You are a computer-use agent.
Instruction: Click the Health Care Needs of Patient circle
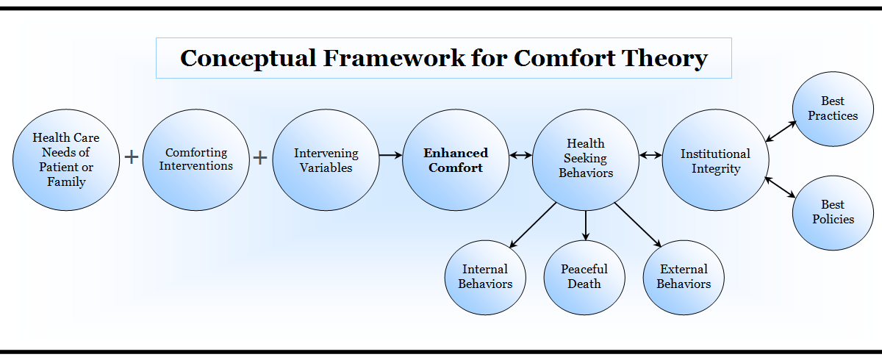66,159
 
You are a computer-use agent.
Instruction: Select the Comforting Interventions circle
196,159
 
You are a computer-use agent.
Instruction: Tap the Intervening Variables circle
326,159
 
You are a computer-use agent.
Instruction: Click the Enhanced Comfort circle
456,159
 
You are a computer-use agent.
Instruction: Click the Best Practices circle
833,109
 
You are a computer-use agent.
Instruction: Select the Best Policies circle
833,212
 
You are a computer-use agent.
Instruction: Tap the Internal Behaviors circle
485,277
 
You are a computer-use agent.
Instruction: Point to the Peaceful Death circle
584,277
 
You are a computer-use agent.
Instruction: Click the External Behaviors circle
684,277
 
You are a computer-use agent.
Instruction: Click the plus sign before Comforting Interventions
132,157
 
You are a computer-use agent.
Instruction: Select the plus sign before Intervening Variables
260,157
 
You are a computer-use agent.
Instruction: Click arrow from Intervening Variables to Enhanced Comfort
390,156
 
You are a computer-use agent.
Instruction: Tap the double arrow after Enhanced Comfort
520,156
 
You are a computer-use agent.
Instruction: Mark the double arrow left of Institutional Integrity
650,156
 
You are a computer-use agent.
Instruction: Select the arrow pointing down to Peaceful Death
586,225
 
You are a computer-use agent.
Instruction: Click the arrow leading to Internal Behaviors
533,224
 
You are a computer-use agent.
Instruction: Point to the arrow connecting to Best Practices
780,131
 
